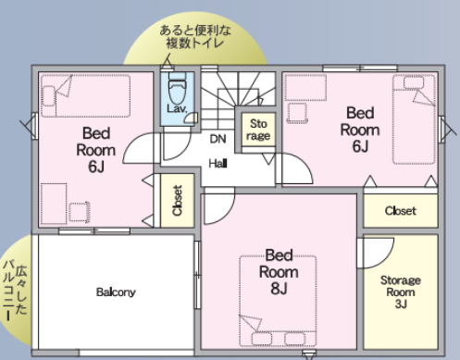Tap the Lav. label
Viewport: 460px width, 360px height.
[177, 108]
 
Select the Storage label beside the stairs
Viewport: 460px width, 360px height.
[258, 130]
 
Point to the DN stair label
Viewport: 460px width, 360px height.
[218, 139]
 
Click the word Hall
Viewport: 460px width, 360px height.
[218, 163]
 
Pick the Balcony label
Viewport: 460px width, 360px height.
[116, 292]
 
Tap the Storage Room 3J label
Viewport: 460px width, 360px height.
[401, 292]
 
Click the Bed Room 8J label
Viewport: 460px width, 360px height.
[279, 272]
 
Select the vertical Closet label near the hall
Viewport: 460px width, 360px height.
[178, 201]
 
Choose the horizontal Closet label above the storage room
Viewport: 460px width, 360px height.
[401, 211]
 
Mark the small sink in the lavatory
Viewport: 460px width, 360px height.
[193, 118]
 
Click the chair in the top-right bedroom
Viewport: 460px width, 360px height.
[297, 113]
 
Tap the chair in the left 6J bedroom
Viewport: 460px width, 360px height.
[79, 212]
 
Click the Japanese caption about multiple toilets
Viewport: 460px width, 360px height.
[195, 37]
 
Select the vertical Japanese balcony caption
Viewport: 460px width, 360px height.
[15, 290]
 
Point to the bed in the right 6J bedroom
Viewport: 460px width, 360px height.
[414, 119]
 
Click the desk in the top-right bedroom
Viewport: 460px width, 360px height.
[305, 87]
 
